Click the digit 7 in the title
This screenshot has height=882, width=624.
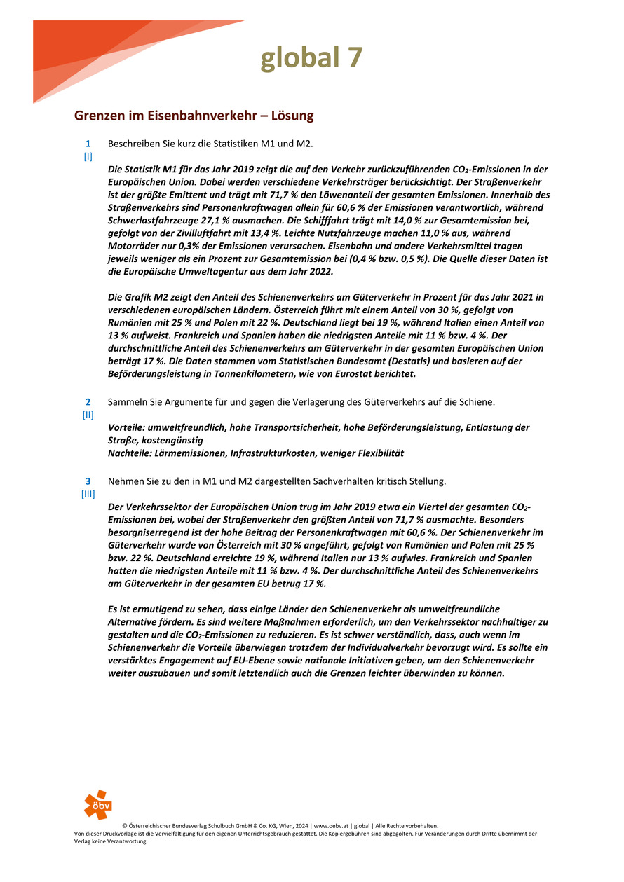pos(354,58)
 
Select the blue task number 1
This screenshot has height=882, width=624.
pos(88,144)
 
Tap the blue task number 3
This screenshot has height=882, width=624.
pos(88,481)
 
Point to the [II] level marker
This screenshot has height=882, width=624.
pos(88,414)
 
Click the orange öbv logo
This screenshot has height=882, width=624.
pos(97,805)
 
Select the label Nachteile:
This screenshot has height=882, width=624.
pos(131,453)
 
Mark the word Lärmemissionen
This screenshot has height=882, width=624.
pos(191,453)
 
